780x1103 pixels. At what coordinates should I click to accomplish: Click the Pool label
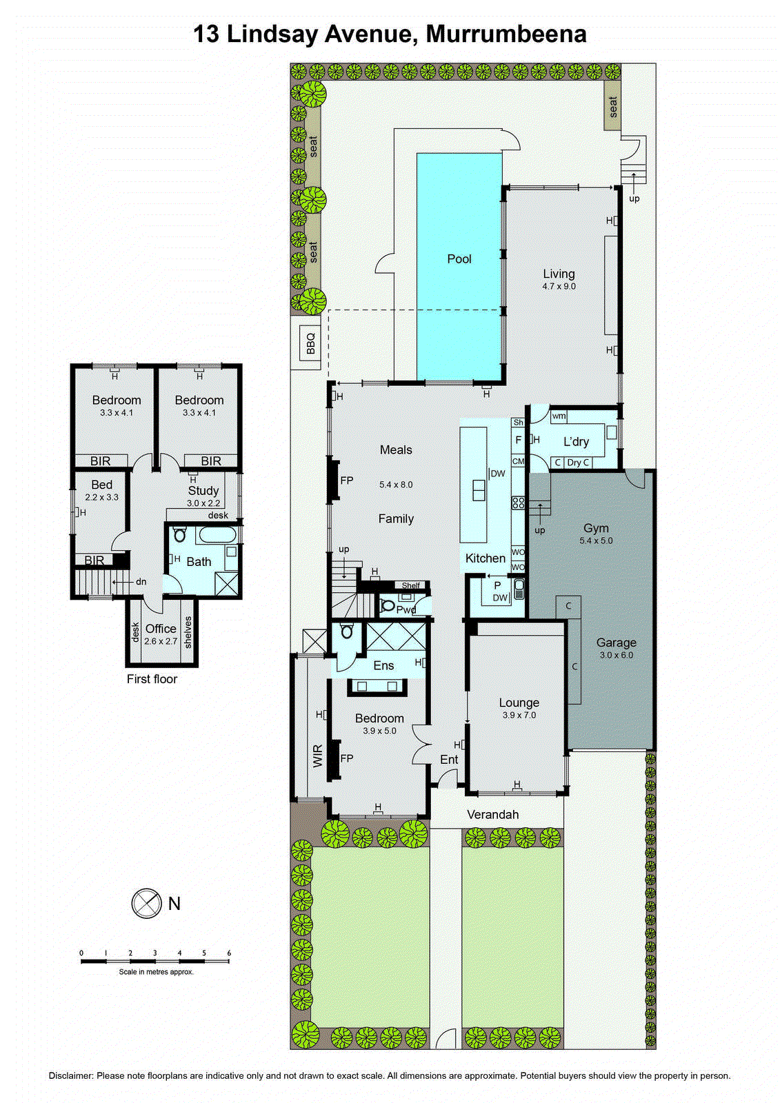pos(459,259)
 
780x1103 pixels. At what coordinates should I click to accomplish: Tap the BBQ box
pos(310,343)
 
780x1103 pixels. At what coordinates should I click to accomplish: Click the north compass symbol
pos(146,903)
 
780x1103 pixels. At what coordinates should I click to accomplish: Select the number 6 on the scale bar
pos(229,953)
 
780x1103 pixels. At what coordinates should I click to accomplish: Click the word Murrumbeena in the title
pos(506,34)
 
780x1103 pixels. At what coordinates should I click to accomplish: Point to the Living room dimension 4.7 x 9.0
pos(559,286)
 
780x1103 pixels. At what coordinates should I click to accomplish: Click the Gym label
pos(596,528)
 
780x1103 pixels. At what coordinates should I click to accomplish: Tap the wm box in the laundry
pos(559,416)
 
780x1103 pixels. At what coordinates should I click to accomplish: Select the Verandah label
pos(492,815)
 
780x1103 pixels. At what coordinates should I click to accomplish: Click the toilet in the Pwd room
pos(387,607)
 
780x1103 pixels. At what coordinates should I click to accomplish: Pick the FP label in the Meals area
pos(347,480)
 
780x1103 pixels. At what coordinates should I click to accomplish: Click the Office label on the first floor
pos(161,629)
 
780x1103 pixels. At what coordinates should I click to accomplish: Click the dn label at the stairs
pos(141,582)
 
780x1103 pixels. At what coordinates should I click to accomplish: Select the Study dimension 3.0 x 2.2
pos(203,503)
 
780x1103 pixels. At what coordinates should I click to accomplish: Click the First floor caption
pos(152,679)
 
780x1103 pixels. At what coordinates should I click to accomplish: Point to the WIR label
pos(318,756)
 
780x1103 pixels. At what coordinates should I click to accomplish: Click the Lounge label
pos(519,703)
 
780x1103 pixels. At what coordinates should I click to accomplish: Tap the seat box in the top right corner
pos(612,107)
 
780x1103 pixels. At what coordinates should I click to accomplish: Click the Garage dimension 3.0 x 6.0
pos(616,655)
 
